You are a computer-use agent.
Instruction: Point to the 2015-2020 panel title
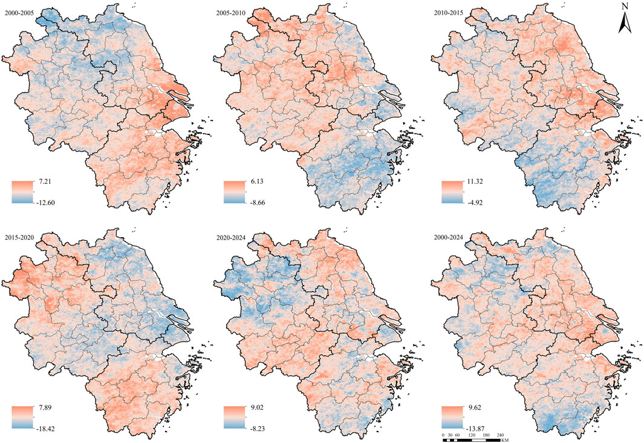click(19, 234)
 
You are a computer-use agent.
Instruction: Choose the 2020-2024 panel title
click(231, 234)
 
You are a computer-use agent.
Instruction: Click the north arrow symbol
click(625, 21)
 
